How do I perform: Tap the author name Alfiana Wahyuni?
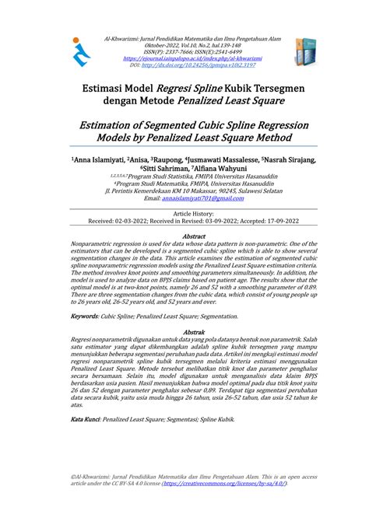point(217,169)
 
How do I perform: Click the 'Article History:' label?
point(184,212)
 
